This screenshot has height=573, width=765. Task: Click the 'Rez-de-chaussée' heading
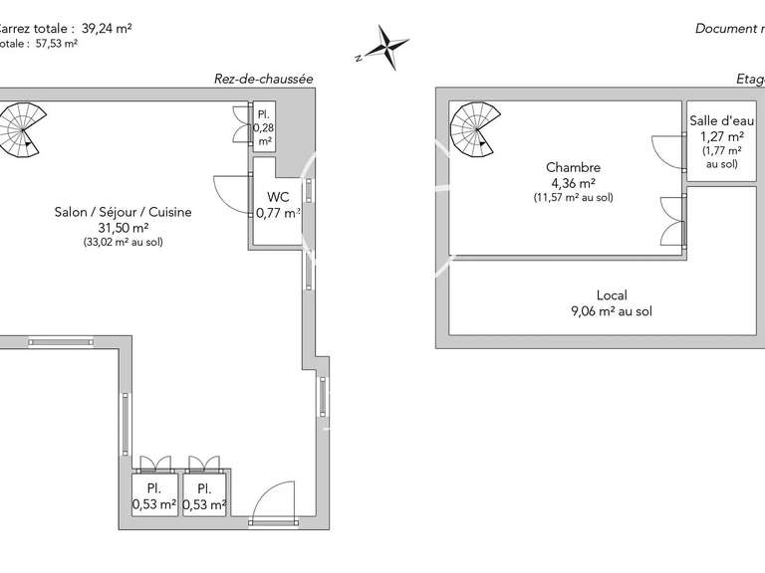[x=264, y=79]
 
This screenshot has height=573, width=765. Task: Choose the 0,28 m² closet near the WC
[x=264, y=127]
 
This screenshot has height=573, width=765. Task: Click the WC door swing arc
[x=229, y=194]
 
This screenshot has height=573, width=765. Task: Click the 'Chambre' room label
[x=574, y=167]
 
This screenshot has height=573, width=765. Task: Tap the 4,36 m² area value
[x=574, y=183]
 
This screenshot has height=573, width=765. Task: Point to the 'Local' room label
[x=612, y=295]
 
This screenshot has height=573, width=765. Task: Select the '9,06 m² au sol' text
[x=612, y=311]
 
